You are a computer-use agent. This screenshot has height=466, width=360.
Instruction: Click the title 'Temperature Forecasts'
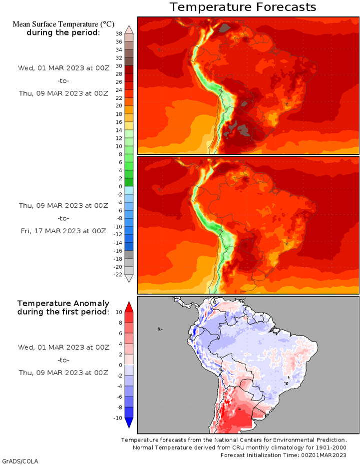(243, 7)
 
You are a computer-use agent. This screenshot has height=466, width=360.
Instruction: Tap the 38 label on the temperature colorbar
(119, 33)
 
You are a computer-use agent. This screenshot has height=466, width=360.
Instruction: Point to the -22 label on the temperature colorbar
(118, 275)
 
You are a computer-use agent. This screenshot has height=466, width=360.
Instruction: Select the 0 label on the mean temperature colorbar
(120, 187)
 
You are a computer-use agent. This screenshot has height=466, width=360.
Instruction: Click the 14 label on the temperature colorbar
(119, 130)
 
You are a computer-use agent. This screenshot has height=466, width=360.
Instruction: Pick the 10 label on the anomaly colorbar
(119, 312)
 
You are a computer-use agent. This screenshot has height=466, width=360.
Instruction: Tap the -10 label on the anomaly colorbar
(118, 418)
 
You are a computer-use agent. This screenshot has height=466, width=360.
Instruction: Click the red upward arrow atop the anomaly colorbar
(129, 307)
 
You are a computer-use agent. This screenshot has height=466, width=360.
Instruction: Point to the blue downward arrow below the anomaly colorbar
(129, 423)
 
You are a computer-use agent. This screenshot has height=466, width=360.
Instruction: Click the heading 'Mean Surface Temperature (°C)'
(63, 24)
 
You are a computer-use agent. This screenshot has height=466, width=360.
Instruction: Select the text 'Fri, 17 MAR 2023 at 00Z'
(63, 231)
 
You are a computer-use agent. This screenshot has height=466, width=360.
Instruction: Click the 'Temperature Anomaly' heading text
(63, 304)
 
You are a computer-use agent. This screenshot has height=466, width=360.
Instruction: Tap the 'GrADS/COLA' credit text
(20, 461)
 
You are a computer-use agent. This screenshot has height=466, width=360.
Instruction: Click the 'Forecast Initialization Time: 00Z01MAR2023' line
(284, 455)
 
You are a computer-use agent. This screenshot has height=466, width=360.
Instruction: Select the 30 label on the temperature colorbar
(119, 66)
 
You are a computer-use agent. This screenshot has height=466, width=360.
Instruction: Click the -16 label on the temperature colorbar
(118, 251)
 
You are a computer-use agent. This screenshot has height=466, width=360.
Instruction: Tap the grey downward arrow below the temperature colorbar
(129, 278)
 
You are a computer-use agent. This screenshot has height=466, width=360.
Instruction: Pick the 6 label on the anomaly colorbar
(120, 333)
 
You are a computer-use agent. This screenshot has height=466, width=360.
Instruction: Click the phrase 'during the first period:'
(63, 312)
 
